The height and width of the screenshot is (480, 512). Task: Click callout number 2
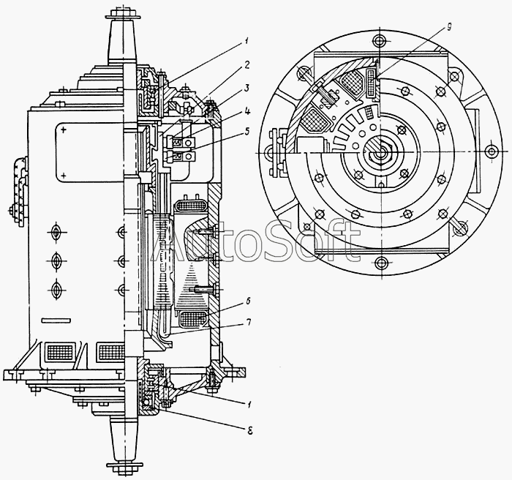[x=246, y=64]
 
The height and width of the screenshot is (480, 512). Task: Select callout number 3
[x=247, y=88]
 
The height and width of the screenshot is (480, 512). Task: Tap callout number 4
[x=247, y=112]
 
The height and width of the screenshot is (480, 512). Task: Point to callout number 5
[x=246, y=132]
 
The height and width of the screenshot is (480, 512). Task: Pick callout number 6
[x=248, y=301]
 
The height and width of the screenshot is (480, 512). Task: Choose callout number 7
[x=249, y=323]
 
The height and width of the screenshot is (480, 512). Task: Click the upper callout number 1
[x=247, y=41]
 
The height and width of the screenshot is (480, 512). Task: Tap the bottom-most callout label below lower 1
[x=250, y=431]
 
